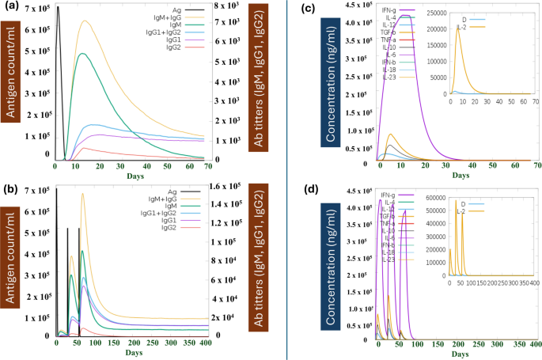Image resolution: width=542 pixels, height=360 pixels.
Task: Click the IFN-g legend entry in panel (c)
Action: [x=389, y=8]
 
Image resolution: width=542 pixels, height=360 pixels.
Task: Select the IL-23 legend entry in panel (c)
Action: [x=388, y=77]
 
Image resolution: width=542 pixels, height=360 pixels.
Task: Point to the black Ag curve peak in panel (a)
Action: [x=58, y=7]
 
